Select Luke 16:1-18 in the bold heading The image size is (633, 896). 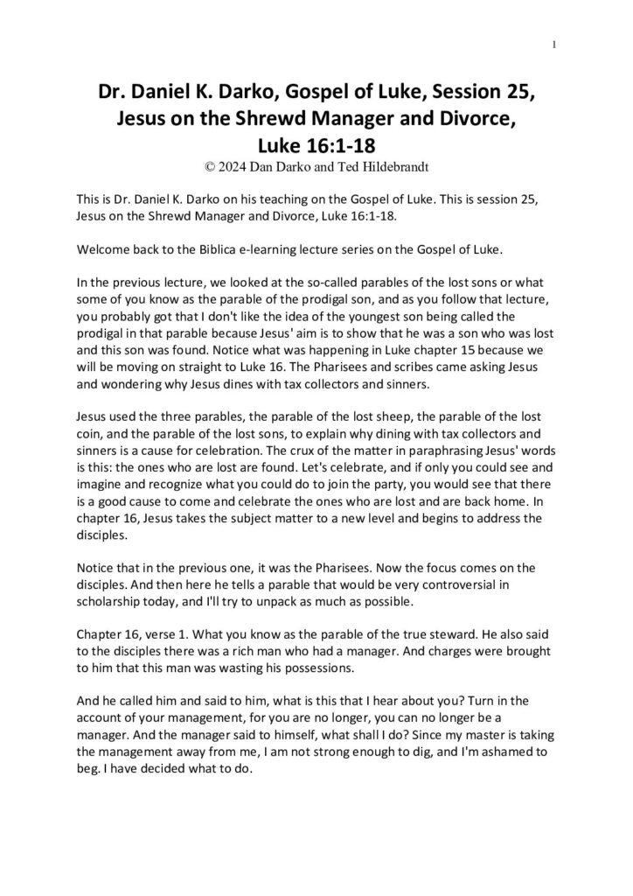[316, 142]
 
